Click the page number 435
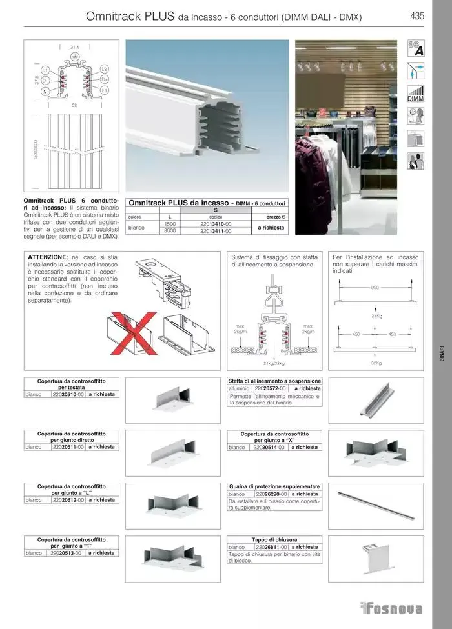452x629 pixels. pos(416,16)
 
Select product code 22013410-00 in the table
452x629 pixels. pos(216,224)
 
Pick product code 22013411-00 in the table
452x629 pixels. pos(216,231)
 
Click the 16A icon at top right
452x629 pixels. pos(415,47)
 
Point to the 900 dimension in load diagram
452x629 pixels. pos(375,287)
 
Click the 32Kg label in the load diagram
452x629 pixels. pos(375,363)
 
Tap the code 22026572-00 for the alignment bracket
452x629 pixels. pos(271,389)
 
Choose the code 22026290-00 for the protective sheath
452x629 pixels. pos(271,494)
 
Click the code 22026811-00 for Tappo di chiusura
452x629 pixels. pos(271,547)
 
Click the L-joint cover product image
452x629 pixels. pos(170,504)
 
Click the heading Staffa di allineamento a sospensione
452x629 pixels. pos(274,381)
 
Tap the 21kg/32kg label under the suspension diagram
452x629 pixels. pos(274,364)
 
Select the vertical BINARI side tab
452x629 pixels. pos(442,356)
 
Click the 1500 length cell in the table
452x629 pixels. pos(169,224)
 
